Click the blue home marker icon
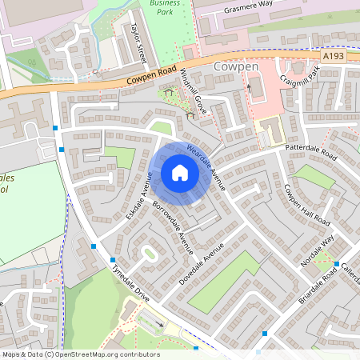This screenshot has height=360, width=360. [x=180, y=172]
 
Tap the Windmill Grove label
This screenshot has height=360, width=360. [x=194, y=90]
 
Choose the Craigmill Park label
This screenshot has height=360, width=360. [x=300, y=86]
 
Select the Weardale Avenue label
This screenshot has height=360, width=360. [x=206, y=166]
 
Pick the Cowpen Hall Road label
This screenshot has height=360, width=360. [x=307, y=205]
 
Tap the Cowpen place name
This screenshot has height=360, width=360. [x=237, y=67]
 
